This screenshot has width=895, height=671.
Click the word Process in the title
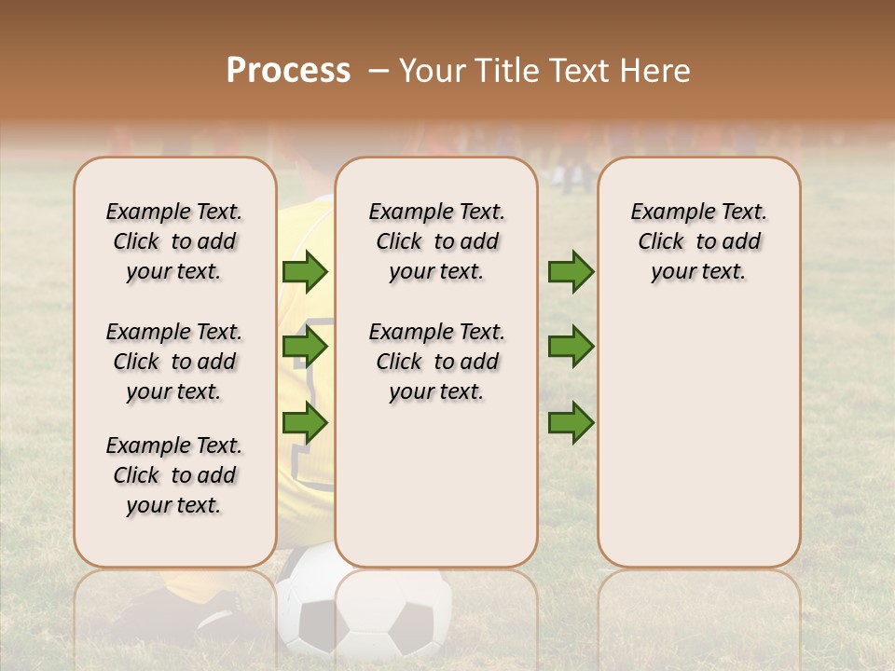288,71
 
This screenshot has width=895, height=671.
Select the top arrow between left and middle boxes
305,272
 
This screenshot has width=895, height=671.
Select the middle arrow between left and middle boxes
305,348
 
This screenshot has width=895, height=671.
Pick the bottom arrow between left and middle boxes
305,423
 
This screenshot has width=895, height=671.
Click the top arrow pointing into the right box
571,272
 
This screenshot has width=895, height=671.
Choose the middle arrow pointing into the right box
571,348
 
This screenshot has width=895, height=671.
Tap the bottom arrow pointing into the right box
571,423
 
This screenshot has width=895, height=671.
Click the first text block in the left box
174,241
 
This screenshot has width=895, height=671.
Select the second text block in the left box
174,362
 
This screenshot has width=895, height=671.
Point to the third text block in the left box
174,475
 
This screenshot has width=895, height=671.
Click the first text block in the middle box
436,241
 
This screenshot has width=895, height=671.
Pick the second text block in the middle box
436,362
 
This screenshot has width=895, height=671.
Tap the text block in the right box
698,241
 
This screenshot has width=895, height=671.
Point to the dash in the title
379,71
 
